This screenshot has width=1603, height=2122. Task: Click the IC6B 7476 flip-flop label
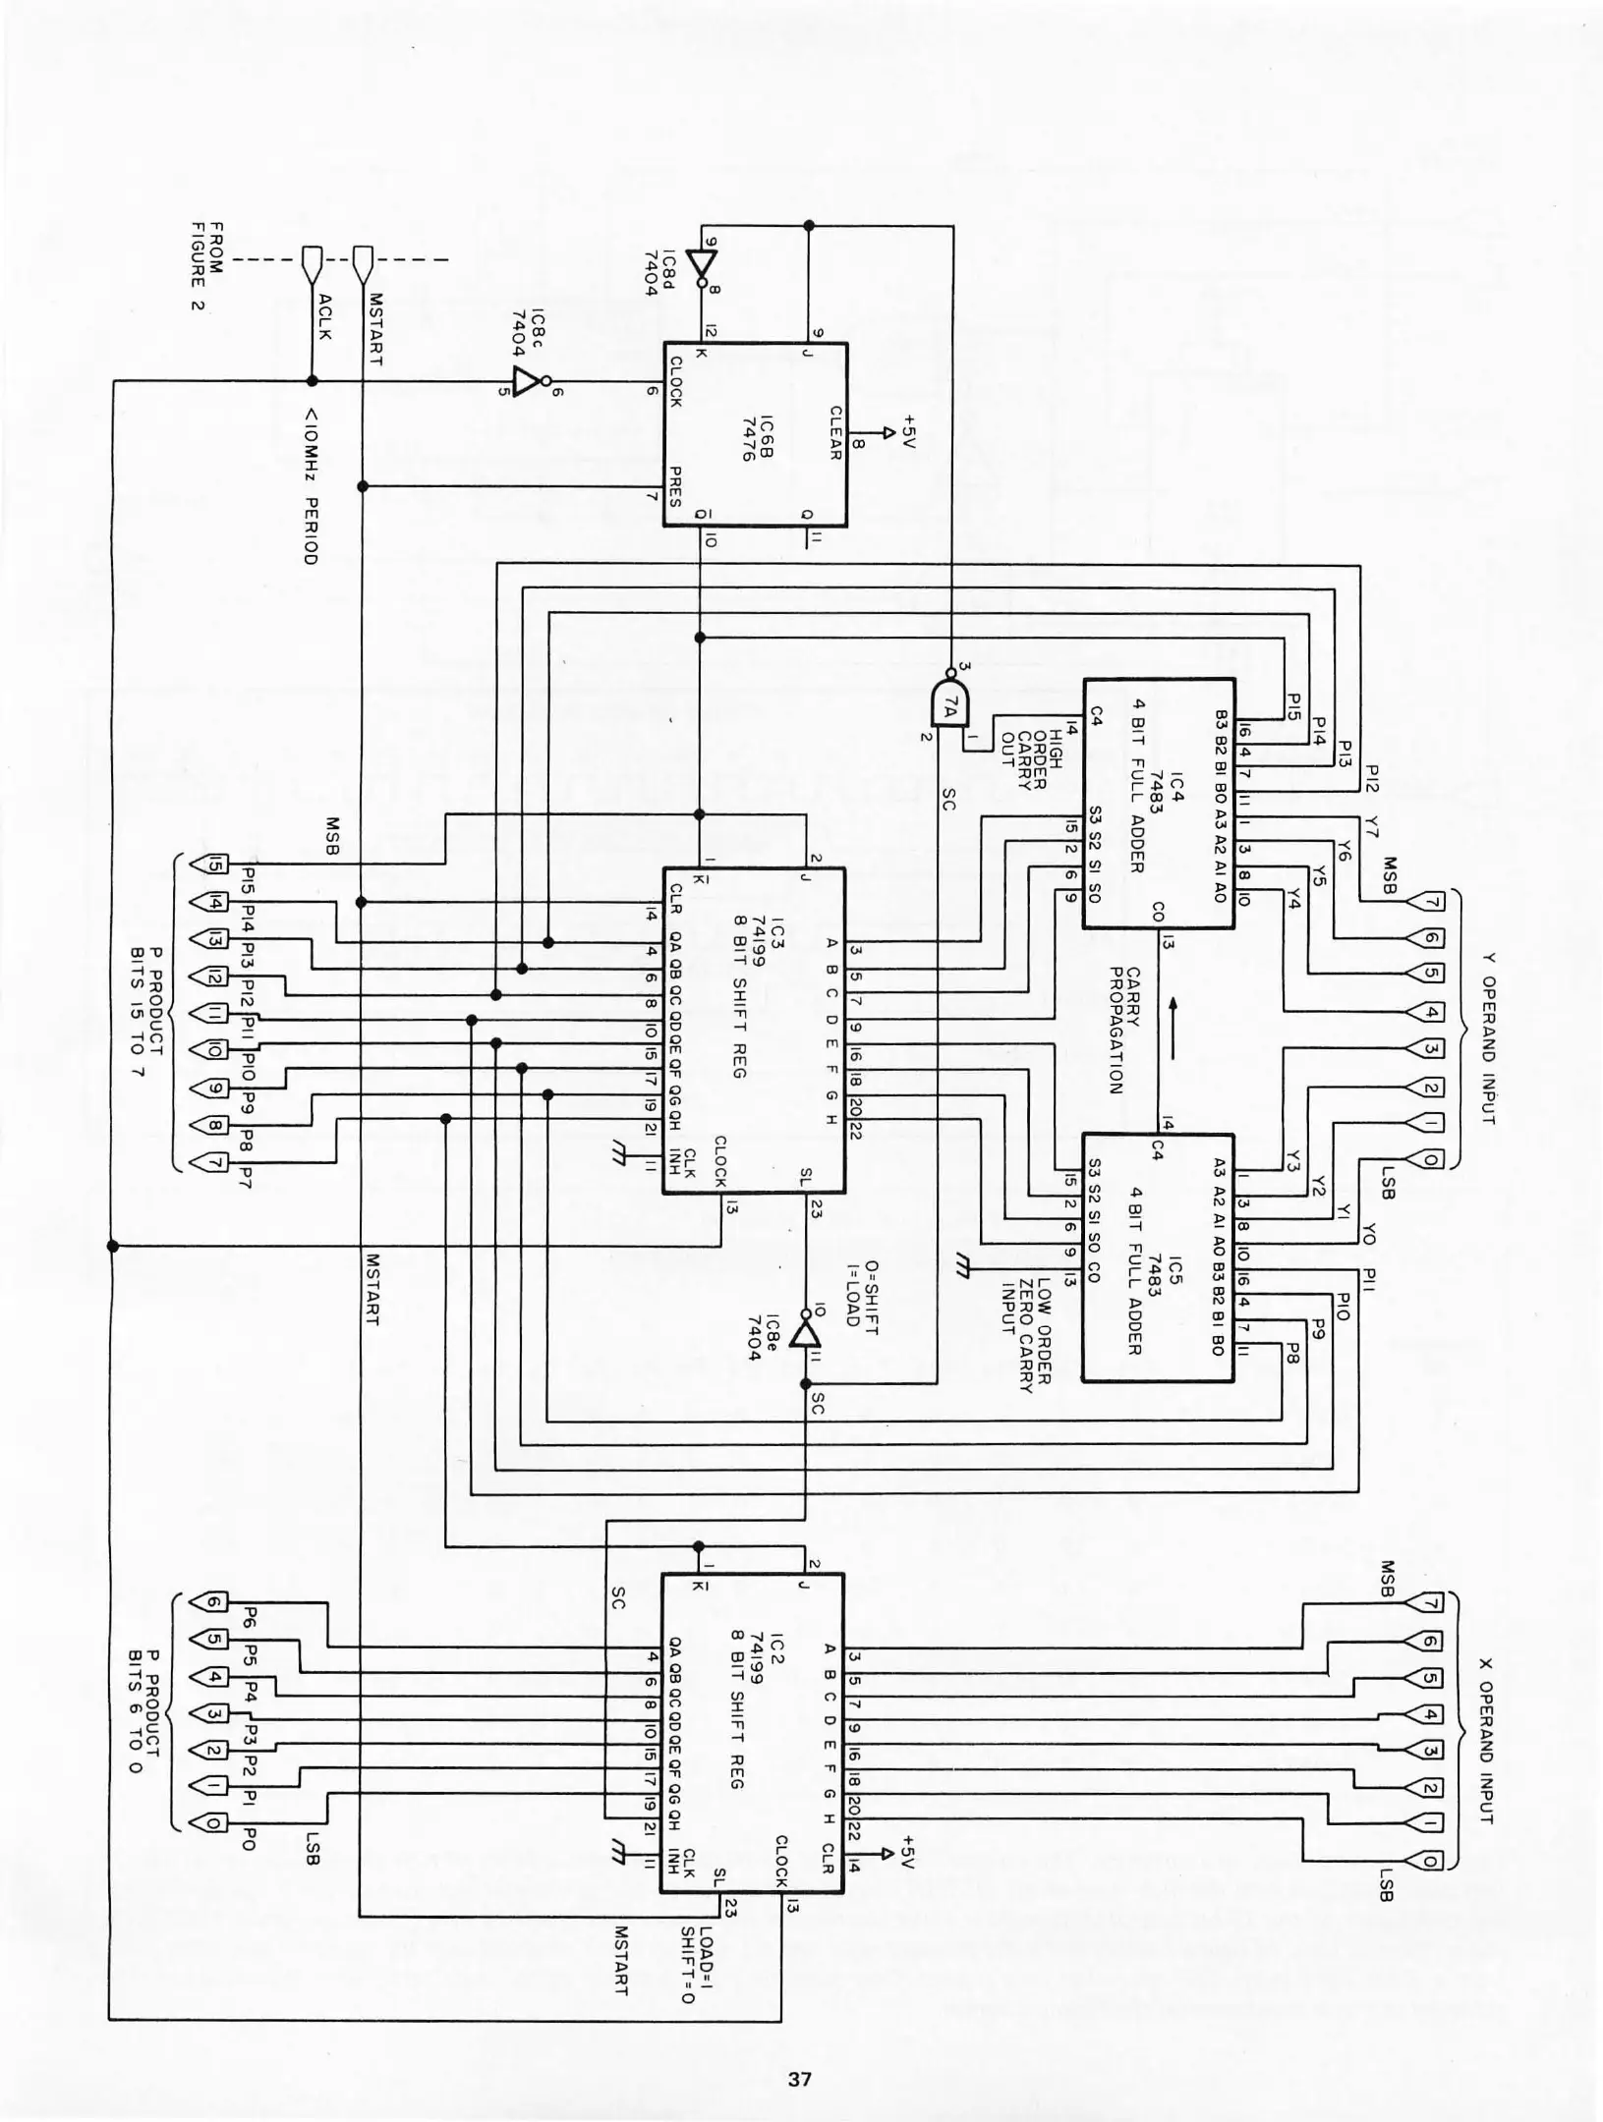click(x=758, y=436)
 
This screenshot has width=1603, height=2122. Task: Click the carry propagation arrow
click(x=1172, y=1029)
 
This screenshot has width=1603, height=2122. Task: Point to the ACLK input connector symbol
click(x=313, y=261)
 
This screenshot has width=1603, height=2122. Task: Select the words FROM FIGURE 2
click(x=208, y=264)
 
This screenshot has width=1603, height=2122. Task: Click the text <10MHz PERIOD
click(x=311, y=485)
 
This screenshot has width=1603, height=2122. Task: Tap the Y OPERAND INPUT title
click(x=1486, y=1036)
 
